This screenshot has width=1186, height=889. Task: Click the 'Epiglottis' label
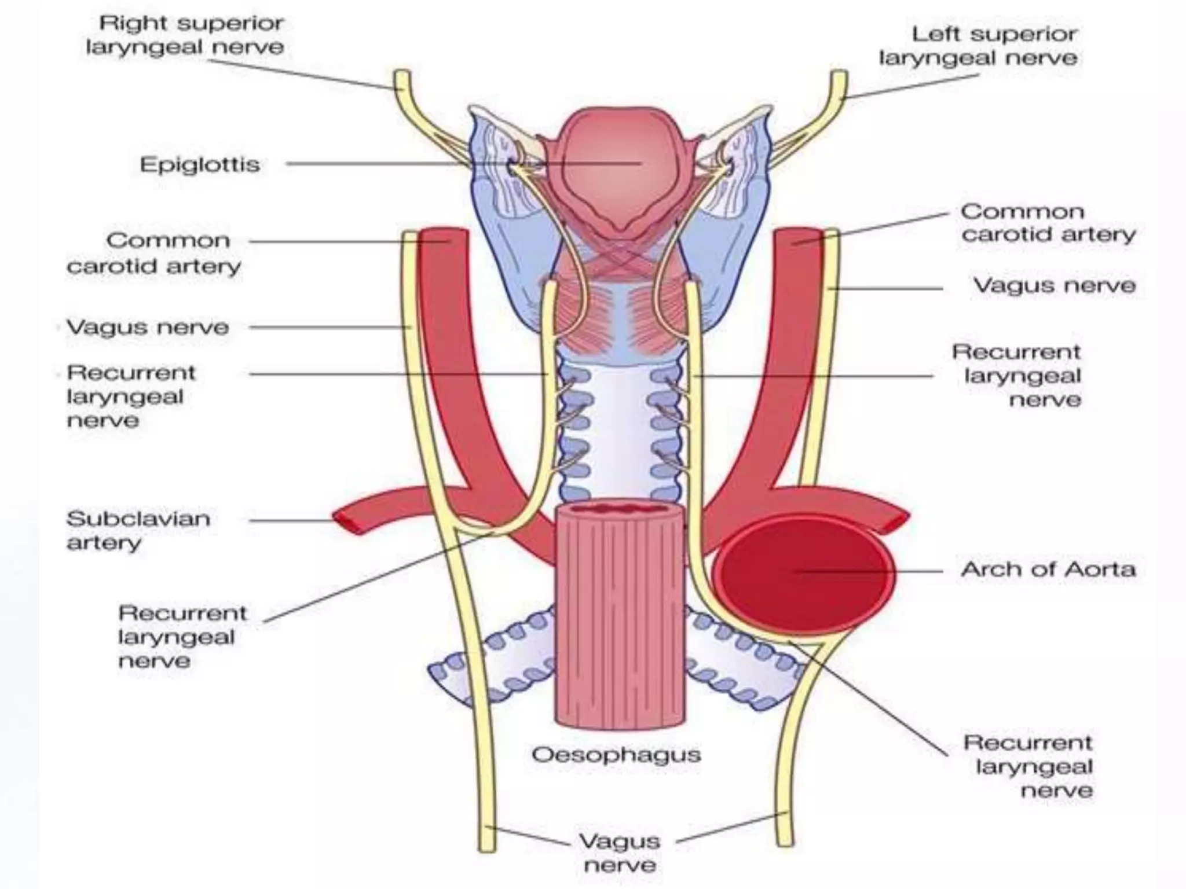(200, 165)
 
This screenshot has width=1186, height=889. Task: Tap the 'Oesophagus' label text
(616, 755)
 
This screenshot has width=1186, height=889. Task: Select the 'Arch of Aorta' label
(1048, 570)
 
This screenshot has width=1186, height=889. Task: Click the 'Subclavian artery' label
(138, 530)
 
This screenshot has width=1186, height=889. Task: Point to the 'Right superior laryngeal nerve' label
(185, 35)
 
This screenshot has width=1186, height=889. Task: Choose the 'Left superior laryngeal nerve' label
(979, 46)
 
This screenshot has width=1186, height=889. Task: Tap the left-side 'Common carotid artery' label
(154, 253)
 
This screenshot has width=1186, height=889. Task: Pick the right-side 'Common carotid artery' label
(1048, 223)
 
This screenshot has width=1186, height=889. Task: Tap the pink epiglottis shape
(617, 168)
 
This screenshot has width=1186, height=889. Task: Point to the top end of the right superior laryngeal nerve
(402, 75)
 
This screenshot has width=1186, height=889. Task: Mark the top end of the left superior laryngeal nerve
(839, 76)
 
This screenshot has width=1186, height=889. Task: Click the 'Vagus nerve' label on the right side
(1054, 286)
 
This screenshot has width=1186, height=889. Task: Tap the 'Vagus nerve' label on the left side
(148, 328)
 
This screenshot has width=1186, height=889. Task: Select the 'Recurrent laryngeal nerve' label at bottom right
(1028, 766)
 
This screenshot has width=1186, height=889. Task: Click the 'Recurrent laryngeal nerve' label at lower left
(182, 637)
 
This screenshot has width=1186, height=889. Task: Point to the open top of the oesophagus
(619, 510)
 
